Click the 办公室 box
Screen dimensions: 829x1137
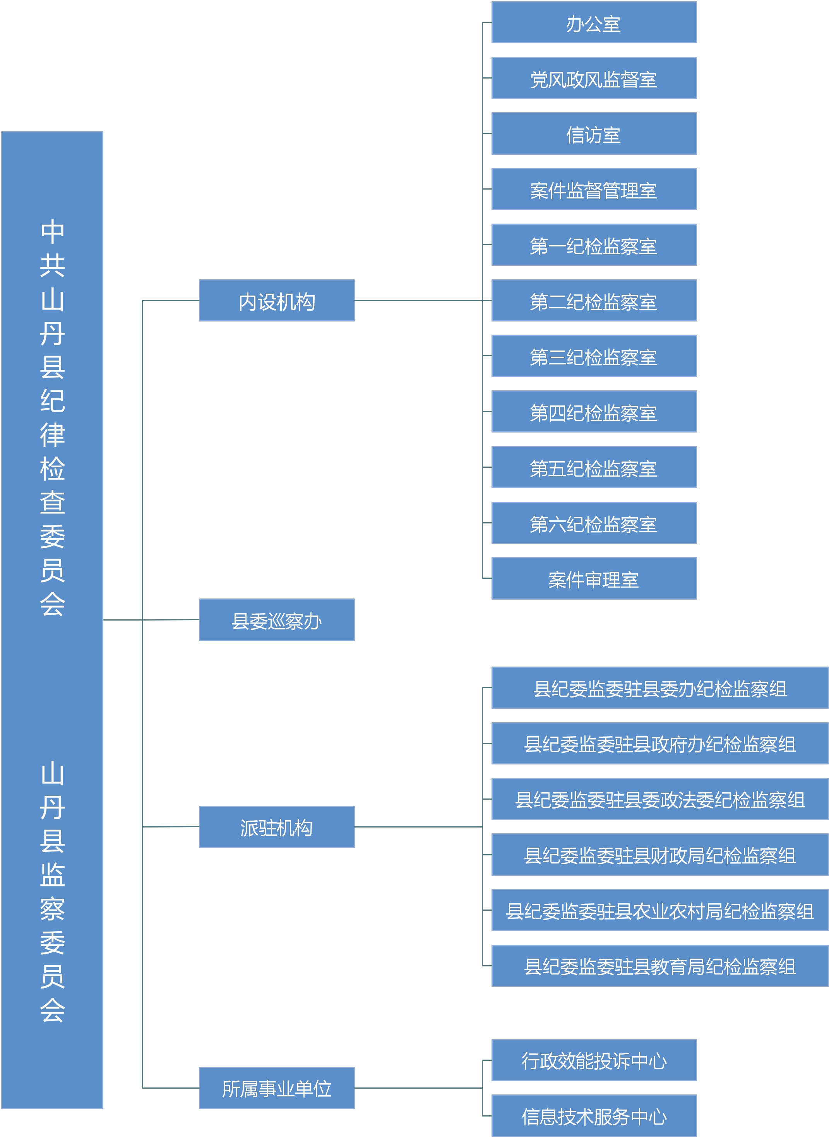(x=594, y=22)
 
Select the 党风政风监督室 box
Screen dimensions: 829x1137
(x=594, y=78)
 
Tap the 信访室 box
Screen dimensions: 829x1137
(x=594, y=133)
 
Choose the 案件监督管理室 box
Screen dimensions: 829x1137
(x=594, y=189)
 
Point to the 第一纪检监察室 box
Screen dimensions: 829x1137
(x=594, y=245)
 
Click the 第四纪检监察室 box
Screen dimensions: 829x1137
(x=594, y=411)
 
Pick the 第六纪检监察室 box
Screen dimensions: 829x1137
(x=594, y=523)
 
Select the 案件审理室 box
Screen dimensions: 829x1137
(x=594, y=578)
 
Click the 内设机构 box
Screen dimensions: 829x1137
(x=276, y=301)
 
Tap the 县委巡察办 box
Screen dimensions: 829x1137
(x=276, y=620)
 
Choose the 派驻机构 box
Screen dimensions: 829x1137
(x=276, y=827)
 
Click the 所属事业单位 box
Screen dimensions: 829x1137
(x=276, y=1088)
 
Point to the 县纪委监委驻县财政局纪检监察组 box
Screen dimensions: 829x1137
(x=660, y=855)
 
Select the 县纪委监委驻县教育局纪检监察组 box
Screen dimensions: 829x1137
(x=660, y=966)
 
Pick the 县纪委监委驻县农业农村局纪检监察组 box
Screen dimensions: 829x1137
(x=660, y=910)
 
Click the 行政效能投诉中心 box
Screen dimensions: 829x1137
(x=594, y=1060)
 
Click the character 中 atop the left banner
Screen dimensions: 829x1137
(x=53, y=232)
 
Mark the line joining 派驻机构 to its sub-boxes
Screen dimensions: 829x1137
(x=418, y=827)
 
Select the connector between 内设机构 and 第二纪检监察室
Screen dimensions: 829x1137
(x=423, y=301)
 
